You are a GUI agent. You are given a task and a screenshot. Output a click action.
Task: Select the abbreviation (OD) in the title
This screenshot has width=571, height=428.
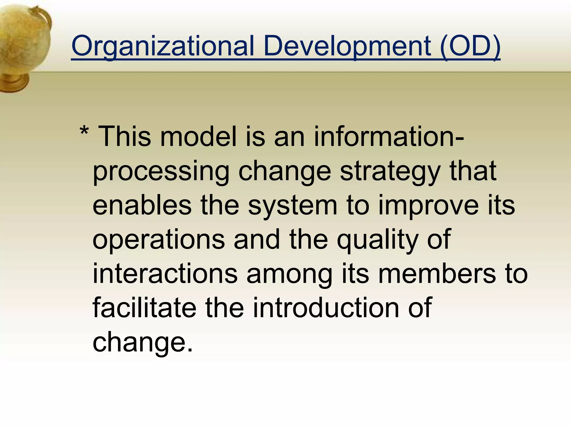470,46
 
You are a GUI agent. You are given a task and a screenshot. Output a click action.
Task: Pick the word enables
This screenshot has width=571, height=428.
142,205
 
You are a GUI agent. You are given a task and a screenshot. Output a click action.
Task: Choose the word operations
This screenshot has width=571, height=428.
158,240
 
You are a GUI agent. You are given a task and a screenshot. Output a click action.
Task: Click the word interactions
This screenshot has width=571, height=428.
165,274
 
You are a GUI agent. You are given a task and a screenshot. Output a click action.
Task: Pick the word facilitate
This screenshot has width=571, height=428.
144,308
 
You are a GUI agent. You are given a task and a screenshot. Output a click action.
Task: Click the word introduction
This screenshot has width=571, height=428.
326,308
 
